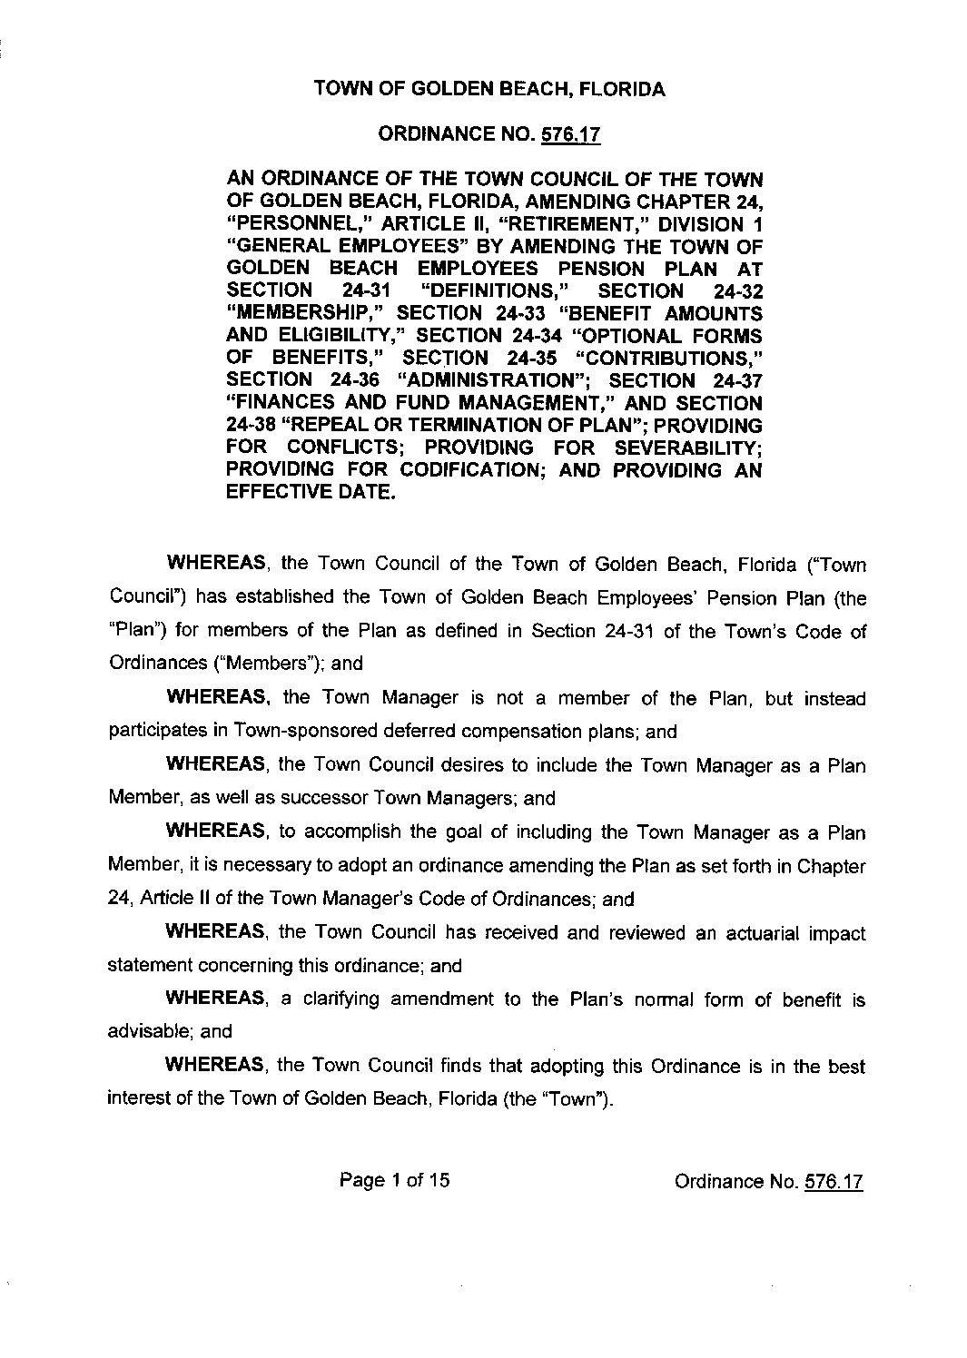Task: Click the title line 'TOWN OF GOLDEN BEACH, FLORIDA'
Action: pos(489,89)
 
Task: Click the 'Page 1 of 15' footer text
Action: pos(395,1180)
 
